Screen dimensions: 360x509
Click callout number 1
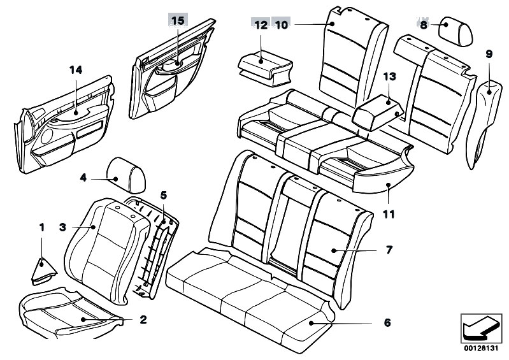42,227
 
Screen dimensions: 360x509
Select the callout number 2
142,318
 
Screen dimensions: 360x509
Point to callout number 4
83,178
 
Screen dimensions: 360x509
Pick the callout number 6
387,323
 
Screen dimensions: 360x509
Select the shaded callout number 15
177,20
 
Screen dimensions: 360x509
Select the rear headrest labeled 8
454,27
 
